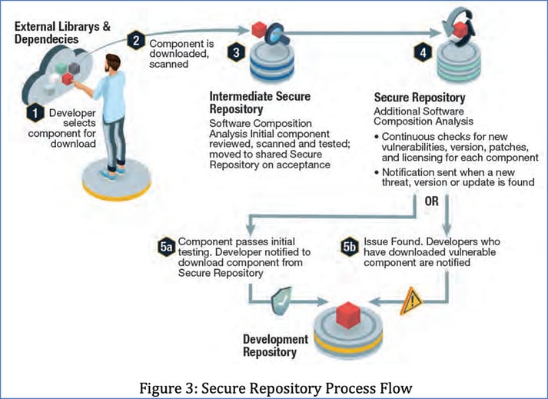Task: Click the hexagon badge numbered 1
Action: [x=32, y=113]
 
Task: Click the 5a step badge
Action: [x=167, y=247]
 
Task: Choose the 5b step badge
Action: [x=349, y=247]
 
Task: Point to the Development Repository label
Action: [x=275, y=345]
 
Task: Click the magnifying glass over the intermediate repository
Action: [x=278, y=37]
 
